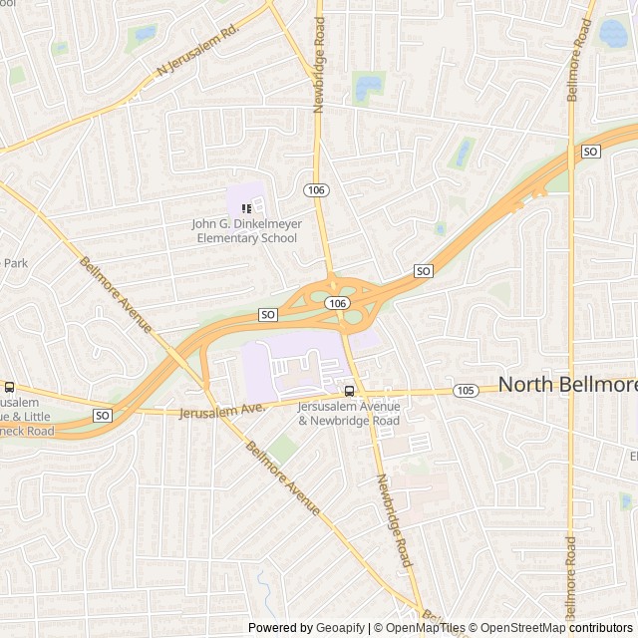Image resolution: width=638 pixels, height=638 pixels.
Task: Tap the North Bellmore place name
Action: (567, 384)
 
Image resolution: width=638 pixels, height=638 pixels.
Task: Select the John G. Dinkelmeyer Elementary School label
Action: (246, 231)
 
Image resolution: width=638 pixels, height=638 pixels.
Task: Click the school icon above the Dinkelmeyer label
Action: (246, 208)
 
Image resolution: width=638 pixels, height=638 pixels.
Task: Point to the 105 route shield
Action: (465, 390)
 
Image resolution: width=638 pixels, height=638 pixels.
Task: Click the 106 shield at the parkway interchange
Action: (337, 303)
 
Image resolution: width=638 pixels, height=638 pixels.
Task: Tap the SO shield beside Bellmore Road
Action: (591, 152)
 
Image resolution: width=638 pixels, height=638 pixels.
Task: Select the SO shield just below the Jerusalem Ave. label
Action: (102, 414)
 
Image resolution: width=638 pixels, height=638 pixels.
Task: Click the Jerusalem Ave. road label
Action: (222, 409)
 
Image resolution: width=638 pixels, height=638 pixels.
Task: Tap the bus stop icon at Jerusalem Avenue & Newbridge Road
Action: (349, 391)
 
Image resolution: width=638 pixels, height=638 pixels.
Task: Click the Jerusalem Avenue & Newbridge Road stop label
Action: (348, 414)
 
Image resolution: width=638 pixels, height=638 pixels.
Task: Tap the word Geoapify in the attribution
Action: (341, 628)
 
